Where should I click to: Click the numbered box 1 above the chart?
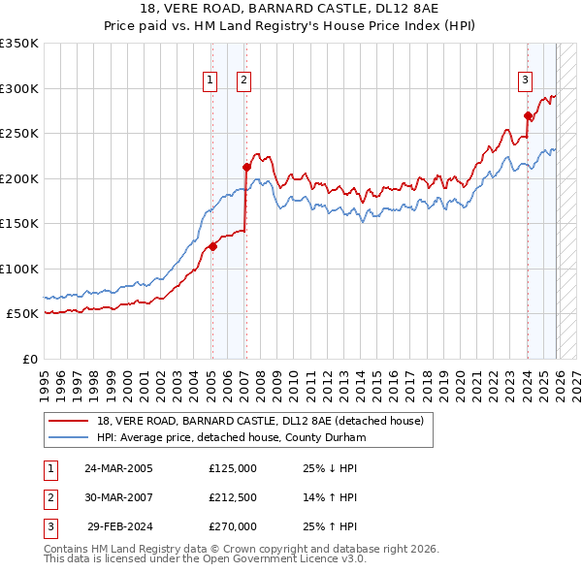(210, 80)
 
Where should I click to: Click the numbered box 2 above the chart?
(243, 80)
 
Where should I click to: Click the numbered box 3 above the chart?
(525, 80)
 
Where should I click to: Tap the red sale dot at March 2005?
(212, 246)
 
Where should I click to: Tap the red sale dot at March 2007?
(245, 167)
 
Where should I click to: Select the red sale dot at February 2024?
(528, 115)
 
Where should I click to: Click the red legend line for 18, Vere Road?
(69, 422)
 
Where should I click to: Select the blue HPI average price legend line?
(69, 437)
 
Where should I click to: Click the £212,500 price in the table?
(233, 497)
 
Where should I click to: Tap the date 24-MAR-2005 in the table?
(118, 468)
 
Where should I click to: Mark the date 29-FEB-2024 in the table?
(119, 526)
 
